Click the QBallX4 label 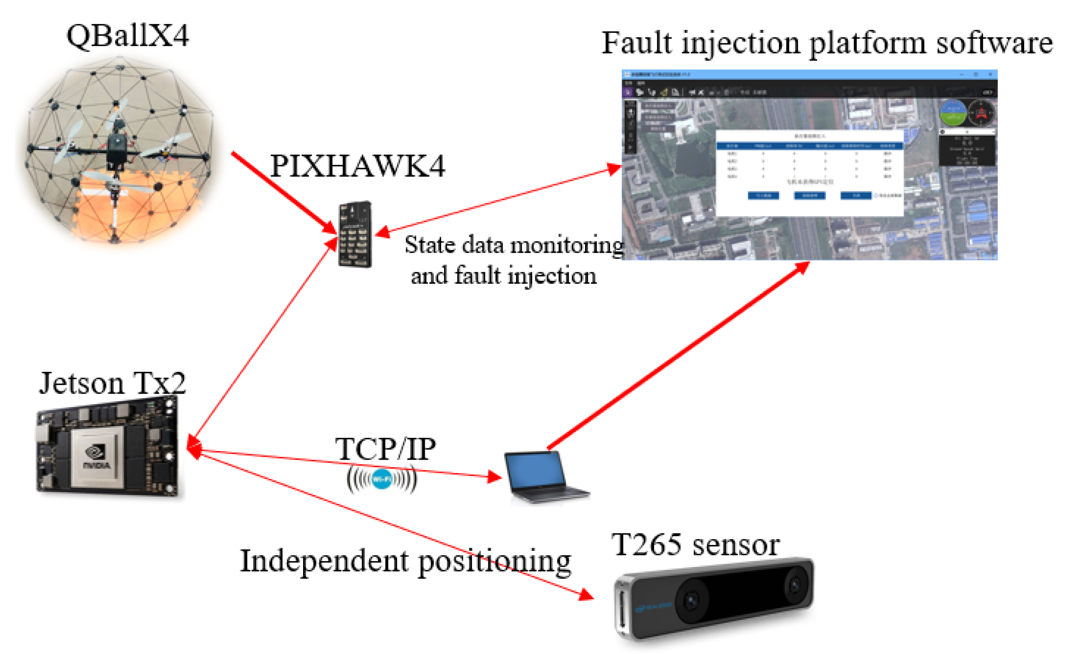tap(128, 36)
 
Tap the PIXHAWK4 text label tap(357, 166)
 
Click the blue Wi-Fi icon tap(381, 479)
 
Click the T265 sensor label tap(695, 544)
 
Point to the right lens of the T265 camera tap(794, 584)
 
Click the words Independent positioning tap(405, 561)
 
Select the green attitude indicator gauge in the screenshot tap(952, 113)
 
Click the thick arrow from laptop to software tap(679, 355)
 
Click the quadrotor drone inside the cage tap(115, 148)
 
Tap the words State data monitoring tap(514, 245)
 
